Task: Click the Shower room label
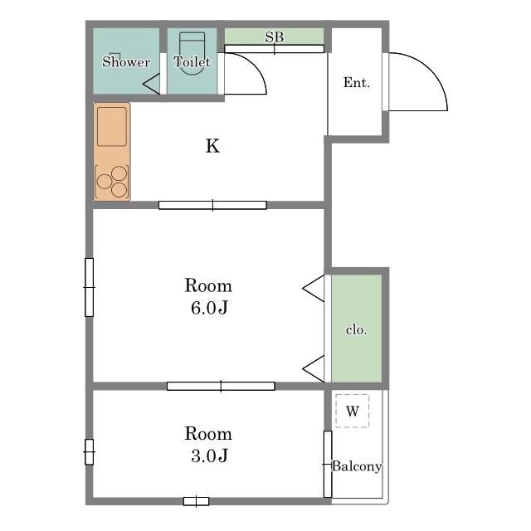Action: pos(126,61)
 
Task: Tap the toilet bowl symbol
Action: pos(192,53)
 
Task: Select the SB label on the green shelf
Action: pos(275,37)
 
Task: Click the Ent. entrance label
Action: pos(357,82)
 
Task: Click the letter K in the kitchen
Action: pos(212,146)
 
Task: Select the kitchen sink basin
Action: pos(112,127)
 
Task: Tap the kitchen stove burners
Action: pos(112,182)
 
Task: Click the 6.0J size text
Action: pos(209,308)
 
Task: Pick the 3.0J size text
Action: pos(209,455)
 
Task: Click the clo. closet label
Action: pos(356,329)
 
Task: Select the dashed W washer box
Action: pos(352,411)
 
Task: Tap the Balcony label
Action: pos(357,466)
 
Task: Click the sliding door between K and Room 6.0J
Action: pos(212,205)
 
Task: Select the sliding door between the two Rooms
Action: pos(221,386)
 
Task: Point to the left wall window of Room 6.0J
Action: pos(89,287)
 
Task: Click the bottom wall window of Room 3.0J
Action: pos(196,501)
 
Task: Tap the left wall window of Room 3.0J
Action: pos(89,452)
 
